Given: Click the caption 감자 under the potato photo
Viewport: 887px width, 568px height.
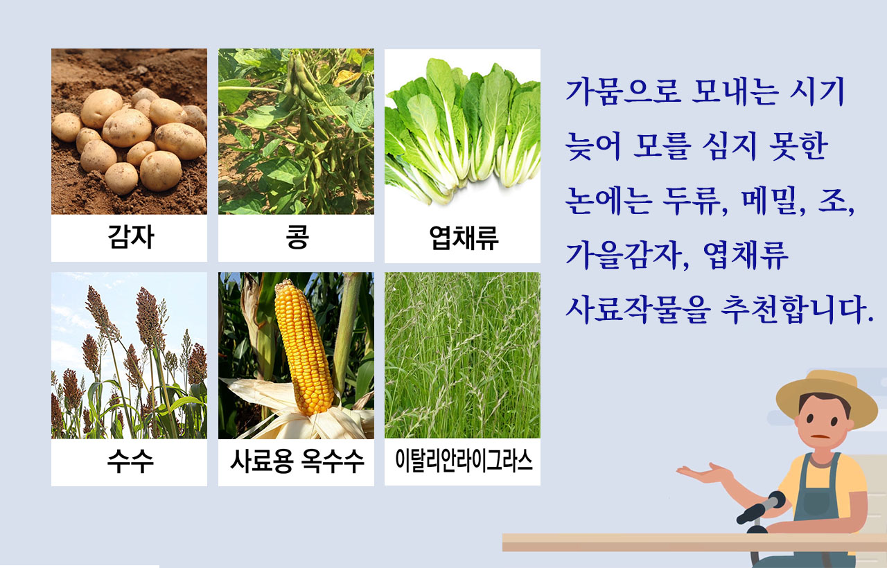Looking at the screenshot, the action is point(131,237).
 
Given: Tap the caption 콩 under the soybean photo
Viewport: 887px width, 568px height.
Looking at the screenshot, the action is point(297,237).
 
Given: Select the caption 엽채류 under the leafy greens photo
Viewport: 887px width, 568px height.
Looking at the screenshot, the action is point(464,238).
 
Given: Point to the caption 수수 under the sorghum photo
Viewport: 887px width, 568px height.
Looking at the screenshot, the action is point(130,461).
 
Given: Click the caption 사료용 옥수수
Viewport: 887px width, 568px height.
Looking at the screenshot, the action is point(297,461).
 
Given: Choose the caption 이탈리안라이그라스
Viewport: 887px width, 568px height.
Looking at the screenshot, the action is point(464,461).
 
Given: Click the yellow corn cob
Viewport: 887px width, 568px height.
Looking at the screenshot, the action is point(304,348).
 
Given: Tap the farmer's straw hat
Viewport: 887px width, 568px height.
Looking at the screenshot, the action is point(827,398).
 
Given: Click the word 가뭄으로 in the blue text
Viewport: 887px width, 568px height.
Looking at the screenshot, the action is point(624,92).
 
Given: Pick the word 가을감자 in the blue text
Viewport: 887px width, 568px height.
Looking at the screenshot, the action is point(628,256).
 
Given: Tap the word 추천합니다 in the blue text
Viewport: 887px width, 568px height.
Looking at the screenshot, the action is point(797,310).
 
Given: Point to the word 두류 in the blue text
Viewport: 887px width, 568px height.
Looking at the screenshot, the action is point(695,202).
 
